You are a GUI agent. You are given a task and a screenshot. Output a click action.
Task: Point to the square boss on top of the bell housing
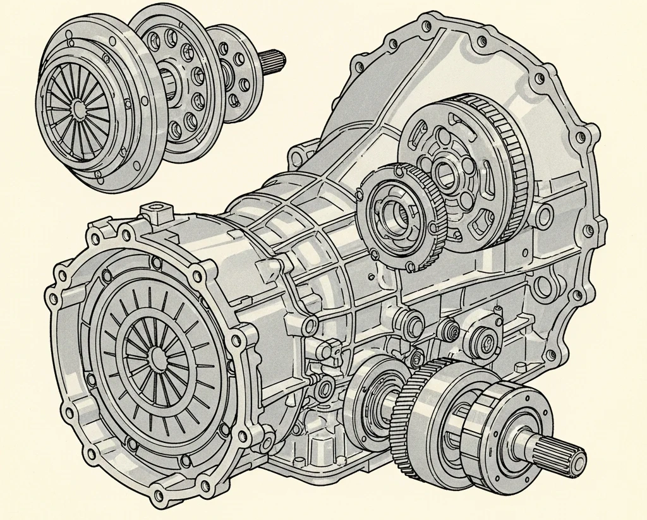[x=154, y=210]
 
